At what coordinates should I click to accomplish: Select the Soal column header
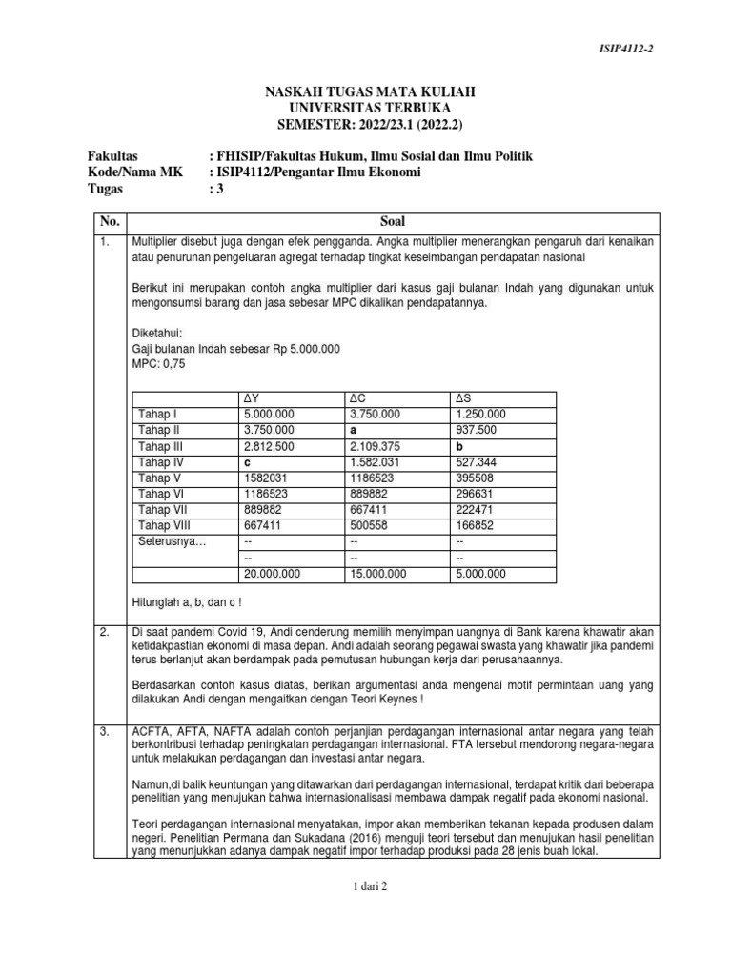coord(393,220)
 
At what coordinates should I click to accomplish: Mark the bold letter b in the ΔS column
coord(461,446)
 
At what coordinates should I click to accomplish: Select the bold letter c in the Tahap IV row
coord(248,462)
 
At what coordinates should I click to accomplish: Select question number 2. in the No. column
coord(106,632)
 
